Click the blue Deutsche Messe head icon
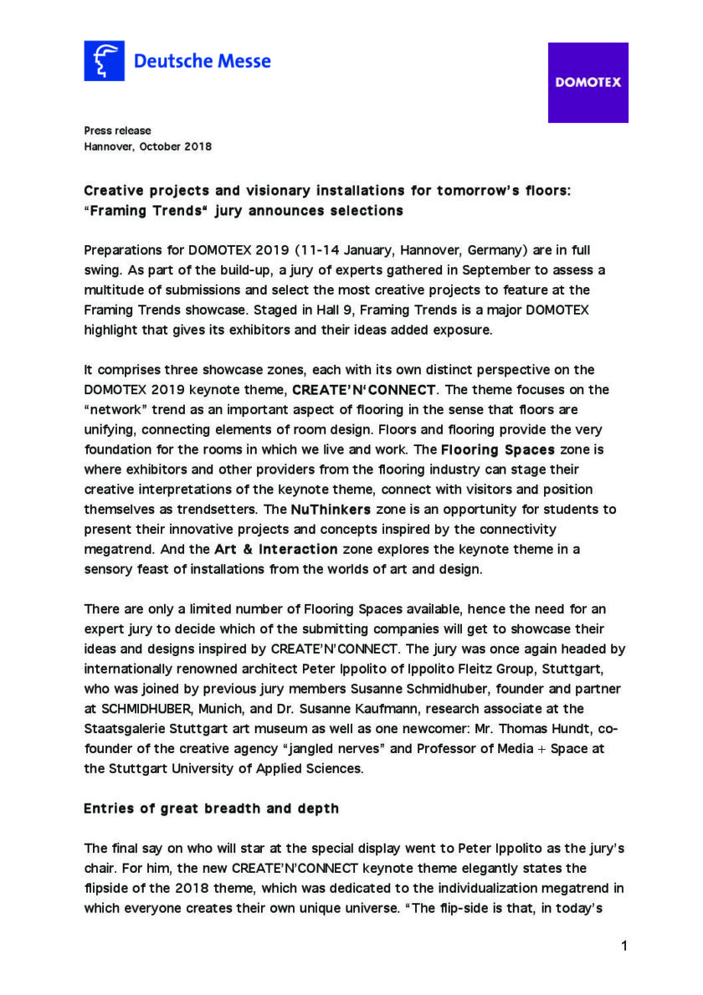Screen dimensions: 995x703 [104, 61]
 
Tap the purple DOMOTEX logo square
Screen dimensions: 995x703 [588, 83]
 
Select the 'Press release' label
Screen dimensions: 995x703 [117, 131]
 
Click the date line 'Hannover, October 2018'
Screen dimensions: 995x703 [147, 146]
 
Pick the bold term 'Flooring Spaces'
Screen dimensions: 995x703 [498, 449]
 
